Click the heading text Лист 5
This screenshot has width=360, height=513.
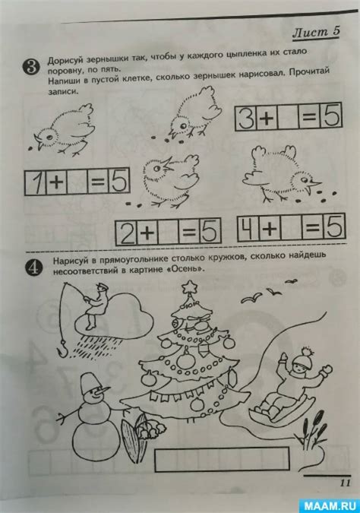click(x=316, y=33)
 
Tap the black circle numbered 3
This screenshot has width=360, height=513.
click(x=30, y=67)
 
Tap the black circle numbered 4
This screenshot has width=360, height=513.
click(x=33, y=268)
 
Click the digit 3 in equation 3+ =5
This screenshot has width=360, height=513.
click(x=246, y=118)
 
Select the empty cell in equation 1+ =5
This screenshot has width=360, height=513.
click(x=77, y=182)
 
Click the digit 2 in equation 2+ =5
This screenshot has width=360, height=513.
click(x=127, y=233)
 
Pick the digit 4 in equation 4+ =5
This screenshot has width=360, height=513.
click(x=248, y=229)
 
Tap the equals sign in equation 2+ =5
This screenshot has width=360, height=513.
click(x=189, y=232)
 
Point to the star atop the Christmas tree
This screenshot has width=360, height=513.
click(x=189, y=287)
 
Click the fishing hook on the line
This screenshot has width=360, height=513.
click(x=62, y=350)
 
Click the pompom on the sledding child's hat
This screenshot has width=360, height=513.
click(x=306, y=352)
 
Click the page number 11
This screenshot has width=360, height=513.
click(x=345, y=483)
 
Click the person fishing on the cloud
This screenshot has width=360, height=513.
click(x=96, y=306)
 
